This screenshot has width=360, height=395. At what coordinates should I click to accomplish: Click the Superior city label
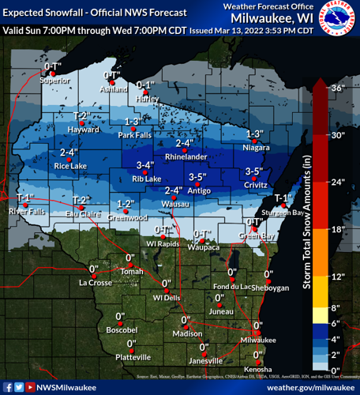pos(54,80)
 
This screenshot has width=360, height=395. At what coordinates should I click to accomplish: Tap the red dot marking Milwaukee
pos(255,331)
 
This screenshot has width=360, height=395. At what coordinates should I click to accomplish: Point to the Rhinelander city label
pos(185,156)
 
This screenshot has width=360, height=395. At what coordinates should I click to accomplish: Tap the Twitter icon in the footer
pos(19,387)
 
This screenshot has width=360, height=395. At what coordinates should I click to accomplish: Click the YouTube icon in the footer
pos(30,387)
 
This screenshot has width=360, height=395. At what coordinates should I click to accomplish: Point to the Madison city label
pos(187,335)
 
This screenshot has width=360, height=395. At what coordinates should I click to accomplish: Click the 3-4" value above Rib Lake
pos(144,166)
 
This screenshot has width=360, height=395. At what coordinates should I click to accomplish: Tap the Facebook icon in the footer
pos(8,387)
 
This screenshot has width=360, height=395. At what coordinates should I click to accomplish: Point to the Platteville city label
pos(131,358)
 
